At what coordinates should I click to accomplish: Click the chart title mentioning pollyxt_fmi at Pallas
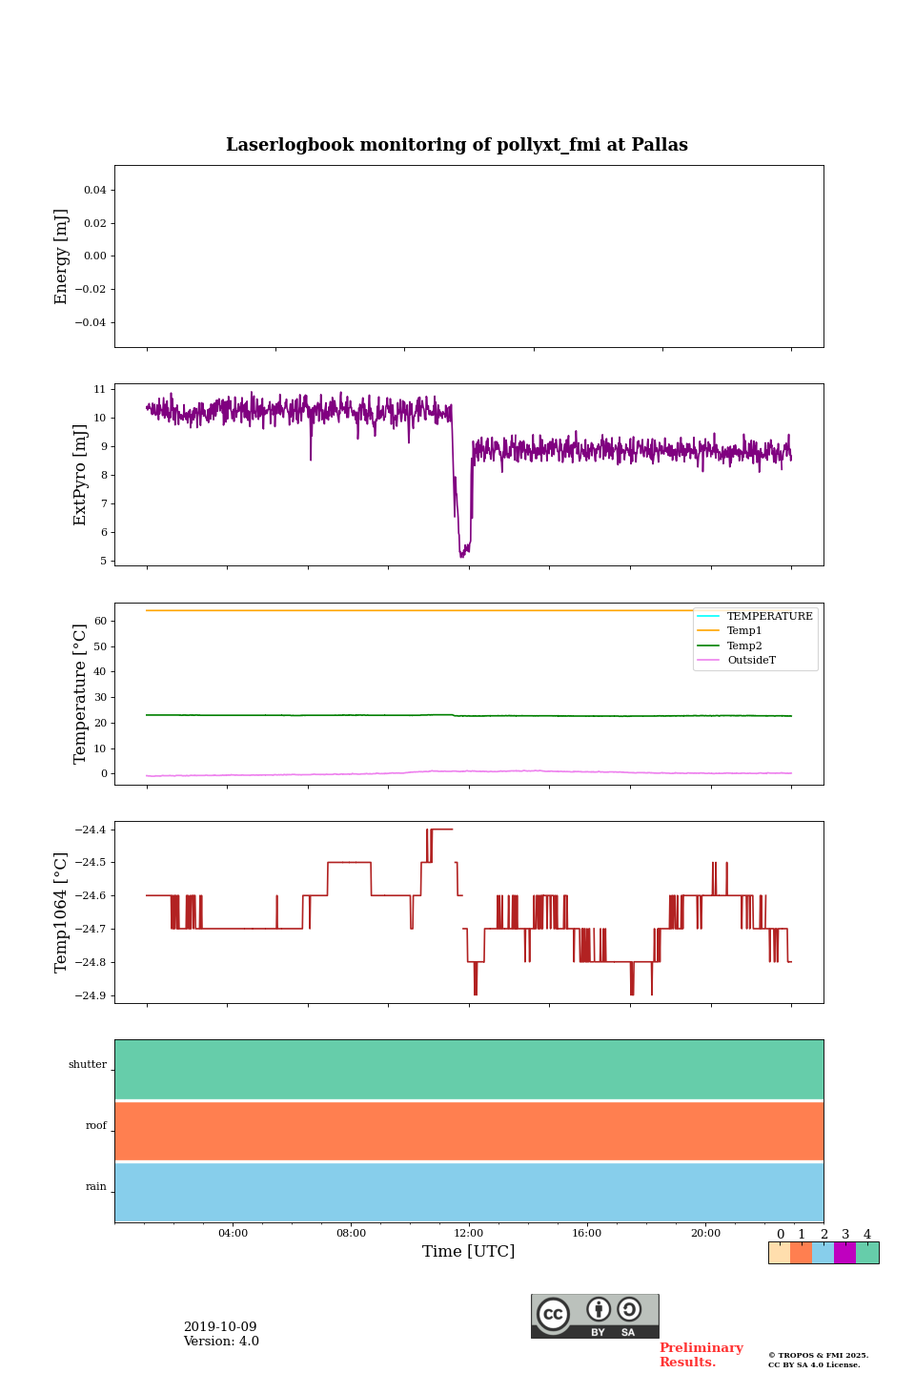point(457,145)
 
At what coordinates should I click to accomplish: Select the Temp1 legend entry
point(744,631)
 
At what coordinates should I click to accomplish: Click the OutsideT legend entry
point(751,661)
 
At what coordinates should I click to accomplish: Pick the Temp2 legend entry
point(744,646)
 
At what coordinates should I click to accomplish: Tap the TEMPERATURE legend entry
point(769,617)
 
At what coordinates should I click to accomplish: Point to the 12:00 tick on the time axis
point(469,1233)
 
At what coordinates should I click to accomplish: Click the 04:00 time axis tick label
point(233,1233)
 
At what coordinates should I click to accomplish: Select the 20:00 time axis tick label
point(705,1233)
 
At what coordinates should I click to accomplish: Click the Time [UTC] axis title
point(469,1251)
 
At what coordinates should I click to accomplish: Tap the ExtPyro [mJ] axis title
point(80,475)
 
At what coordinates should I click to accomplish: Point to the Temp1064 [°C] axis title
point(62,912)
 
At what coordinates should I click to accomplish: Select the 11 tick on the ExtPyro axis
point(99,389)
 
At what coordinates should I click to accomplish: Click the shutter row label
point(88,1065)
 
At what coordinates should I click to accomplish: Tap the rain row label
point(96,1187)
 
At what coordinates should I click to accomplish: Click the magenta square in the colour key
point(844,1253)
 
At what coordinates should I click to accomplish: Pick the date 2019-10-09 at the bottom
point(220,1327)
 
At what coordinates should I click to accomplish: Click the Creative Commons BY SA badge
point(595,1316)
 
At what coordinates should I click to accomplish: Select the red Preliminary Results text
point(701,1355)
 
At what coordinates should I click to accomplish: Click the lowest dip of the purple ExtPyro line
point(462,556)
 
